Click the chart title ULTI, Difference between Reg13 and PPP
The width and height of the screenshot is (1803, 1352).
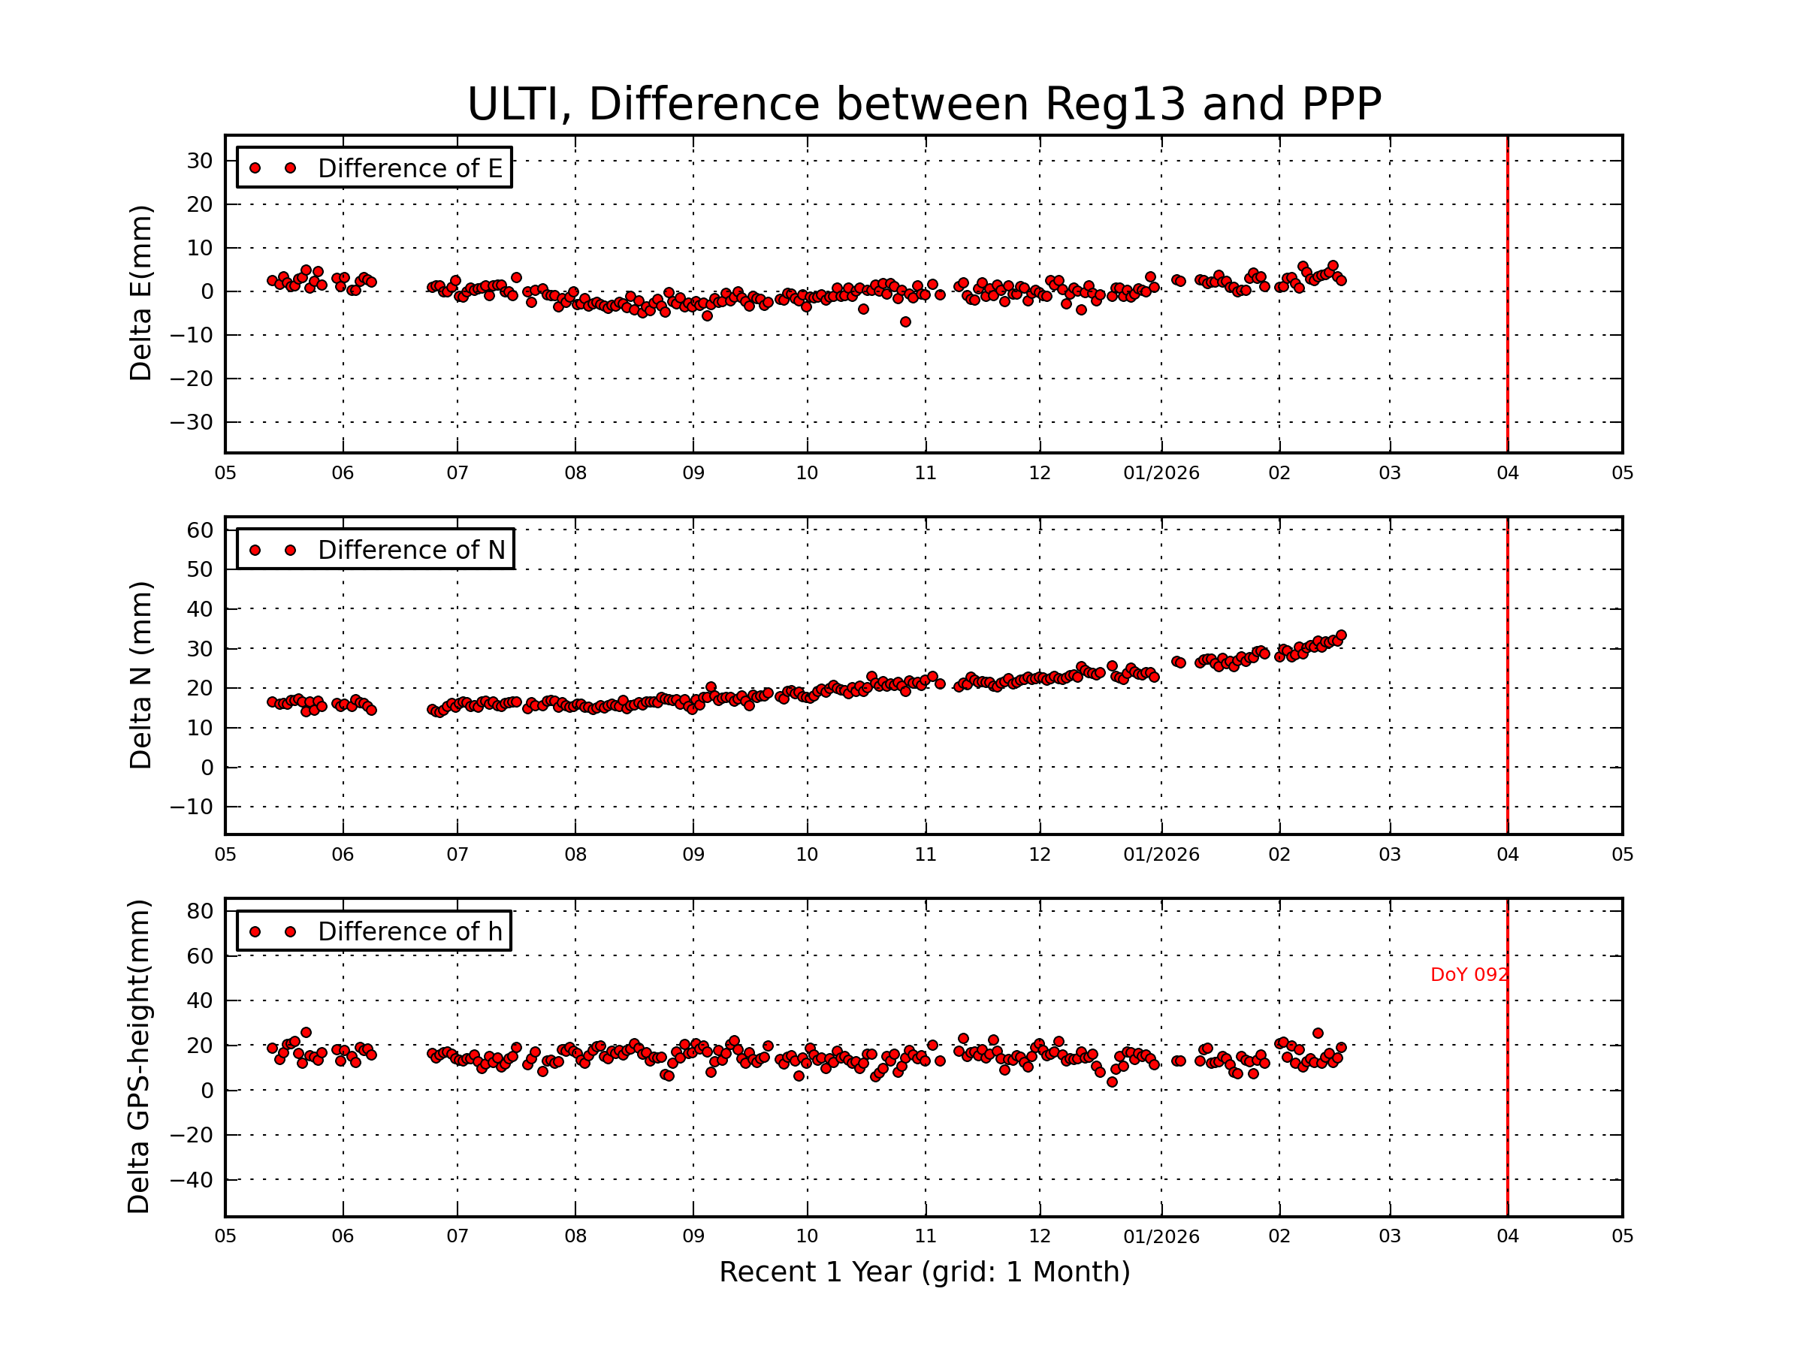point(923,104)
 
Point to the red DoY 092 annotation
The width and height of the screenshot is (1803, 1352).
point(1469,975)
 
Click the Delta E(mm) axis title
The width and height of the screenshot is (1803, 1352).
point(141,294)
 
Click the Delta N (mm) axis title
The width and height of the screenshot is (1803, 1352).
point(141,674)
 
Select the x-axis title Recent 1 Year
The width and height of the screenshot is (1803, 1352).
point(924,1272)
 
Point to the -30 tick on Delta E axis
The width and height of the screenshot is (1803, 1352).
point(192,423)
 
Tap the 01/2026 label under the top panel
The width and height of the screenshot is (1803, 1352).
point(1161,473)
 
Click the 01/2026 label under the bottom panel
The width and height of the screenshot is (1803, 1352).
point(1161,1236)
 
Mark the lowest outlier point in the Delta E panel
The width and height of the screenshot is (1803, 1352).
point(905,323)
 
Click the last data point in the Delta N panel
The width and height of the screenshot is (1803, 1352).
point(1341,635)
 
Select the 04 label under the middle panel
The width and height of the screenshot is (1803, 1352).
point(1507,855)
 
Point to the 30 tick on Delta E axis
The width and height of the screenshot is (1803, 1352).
point(200,161)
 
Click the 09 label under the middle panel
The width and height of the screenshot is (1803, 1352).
point(693,855)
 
